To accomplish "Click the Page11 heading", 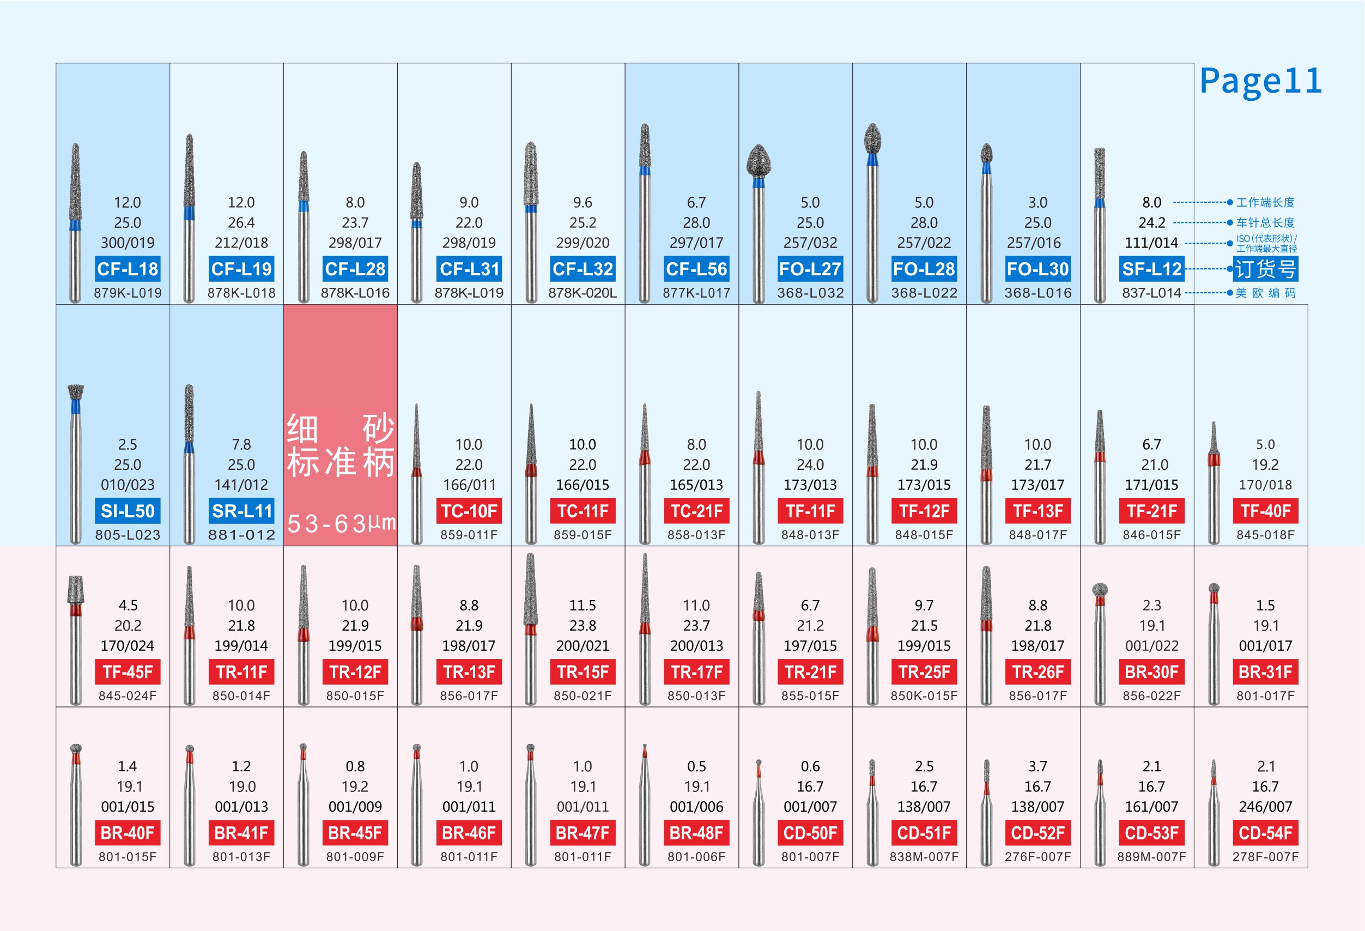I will pyautogui.click(x=1260, y=81).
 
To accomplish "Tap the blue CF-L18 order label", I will pyautogui.click(x=128, y=269).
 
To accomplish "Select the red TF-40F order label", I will pyautogui.click(x=1265, y=511).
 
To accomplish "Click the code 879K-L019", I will pyautogui.click(x=128, y=293).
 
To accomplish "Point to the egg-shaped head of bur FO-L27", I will pyautogui.click(x=759, y=160).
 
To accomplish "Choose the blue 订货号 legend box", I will pyautogui.click(x=1265, y=269).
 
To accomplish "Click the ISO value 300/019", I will pyautogui.click(x=128, y=243).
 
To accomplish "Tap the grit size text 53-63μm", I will pyautogui.click(x=341, y=523).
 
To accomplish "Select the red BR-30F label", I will pyautogui.click(x=1151, y=672).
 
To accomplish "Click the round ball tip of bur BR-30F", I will pyautogui.click(x=1100, y=589).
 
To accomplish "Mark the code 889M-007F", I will pyautogui.click(x=1151, y=857).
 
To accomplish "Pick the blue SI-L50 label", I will pyautogui.click(x=128, y=511).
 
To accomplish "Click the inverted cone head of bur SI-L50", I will pyautogui.click(x=76, y=392).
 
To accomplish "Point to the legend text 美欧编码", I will pyautogui.click(x=1265, y=293).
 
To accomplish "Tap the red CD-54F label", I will pyautogui.click(x=1265, y=833).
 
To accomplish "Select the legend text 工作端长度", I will pyautogui.click(x=1265, y=203).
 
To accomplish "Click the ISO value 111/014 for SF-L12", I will pyautogui.click(x=1151, y=243).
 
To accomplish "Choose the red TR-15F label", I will pyautogui.click(x=583, y=672).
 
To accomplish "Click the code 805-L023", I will pyautogui.click(x=128, y=535).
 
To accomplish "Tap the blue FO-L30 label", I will pyautogui.click(x=1038, y=269).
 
